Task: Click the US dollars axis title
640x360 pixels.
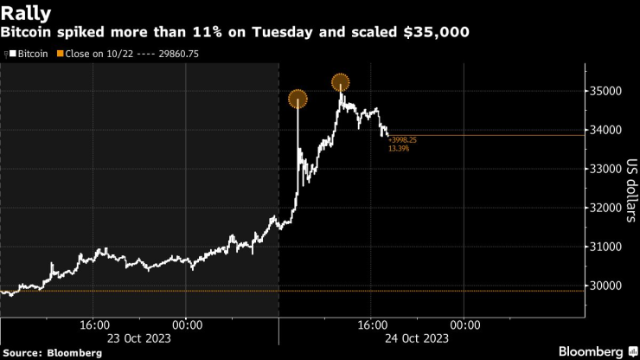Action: click(x=630, y=189)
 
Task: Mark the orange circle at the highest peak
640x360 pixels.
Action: click(x=341, y=83)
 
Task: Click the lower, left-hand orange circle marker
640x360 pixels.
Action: click(x=298, y=99)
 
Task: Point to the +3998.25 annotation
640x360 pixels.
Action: click(x=403, y=139)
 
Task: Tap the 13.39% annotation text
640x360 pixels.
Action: click(x=399, y=149)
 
